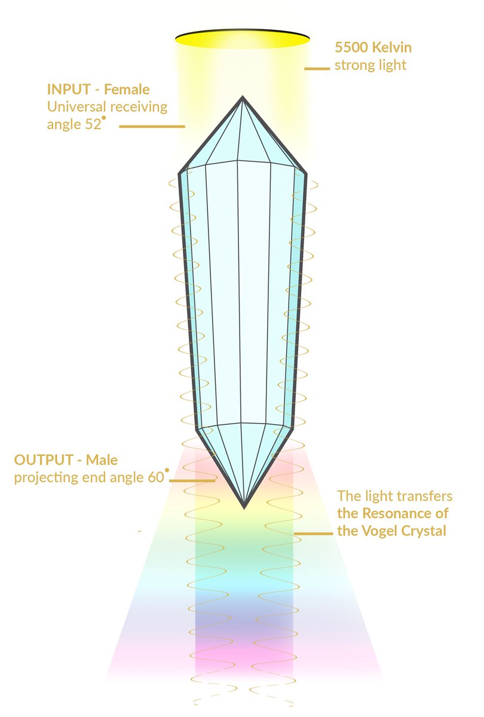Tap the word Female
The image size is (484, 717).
point(127,90)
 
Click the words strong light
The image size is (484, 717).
point(370,65)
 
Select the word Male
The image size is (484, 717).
point(102,461)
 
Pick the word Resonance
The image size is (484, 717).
point(417,513)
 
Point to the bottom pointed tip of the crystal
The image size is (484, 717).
point(244,507)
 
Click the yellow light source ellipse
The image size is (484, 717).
point(242,38)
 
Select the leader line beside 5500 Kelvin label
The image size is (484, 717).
point(317,69)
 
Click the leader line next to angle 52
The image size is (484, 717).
point(152,127)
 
